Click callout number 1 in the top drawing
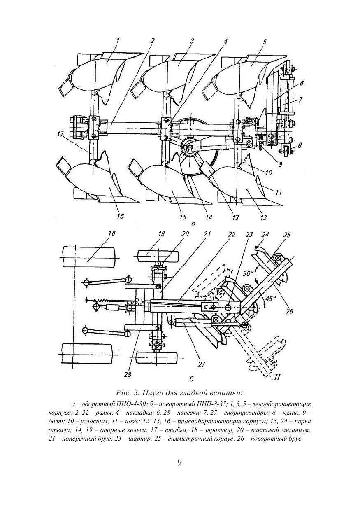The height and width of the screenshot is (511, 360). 118,41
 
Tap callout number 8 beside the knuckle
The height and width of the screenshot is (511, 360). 300,145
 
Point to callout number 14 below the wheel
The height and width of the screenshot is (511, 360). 208,217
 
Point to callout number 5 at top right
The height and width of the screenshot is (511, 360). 265,42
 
